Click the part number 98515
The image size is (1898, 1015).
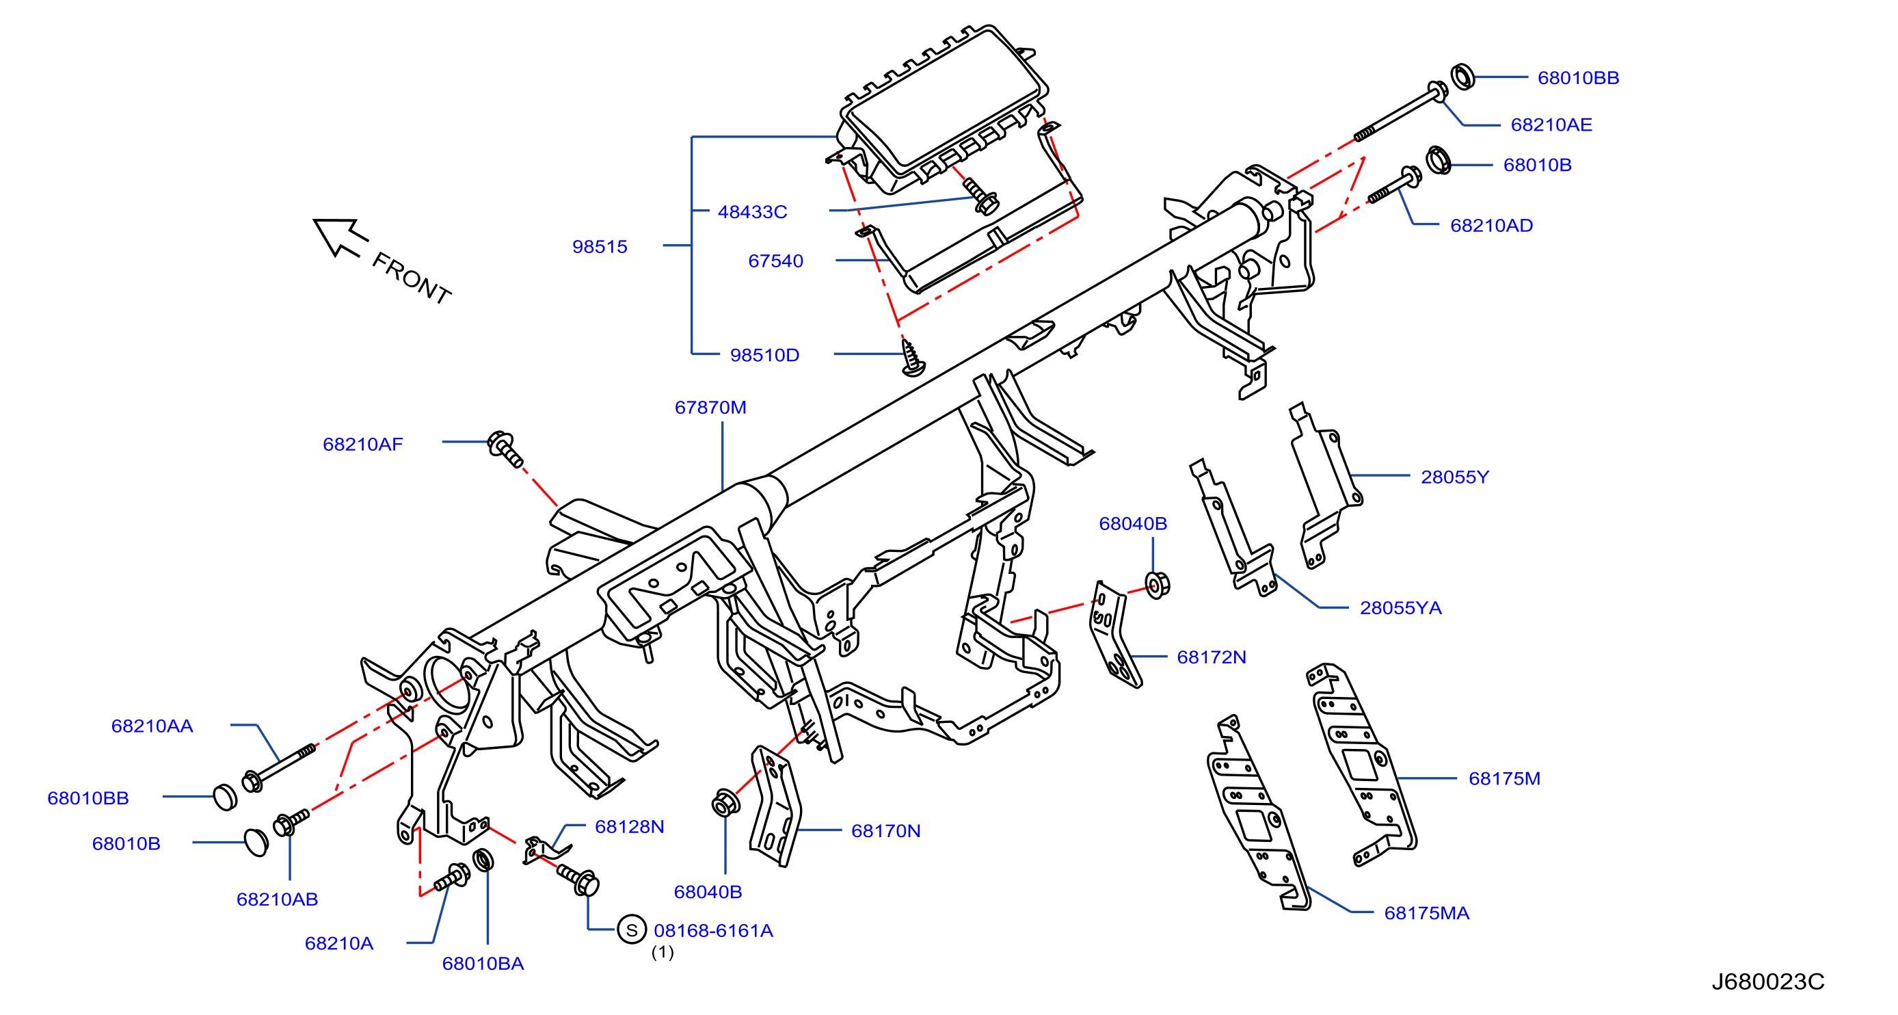pyautogui.click(x=600, y=246)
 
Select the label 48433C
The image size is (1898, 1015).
pyautogui.click(x=752, y=211)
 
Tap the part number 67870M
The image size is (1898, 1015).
pyautogui.click(x=710, y=407)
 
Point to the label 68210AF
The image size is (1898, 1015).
pyautogui.click(x=362, y=444)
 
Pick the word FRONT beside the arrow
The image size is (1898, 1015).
pyautogui.click(x=411, y=278)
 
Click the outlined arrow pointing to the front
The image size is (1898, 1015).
pyautogui.click(x=340, y=237)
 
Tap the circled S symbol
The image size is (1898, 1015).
pyautogui.click(x=632, y=930)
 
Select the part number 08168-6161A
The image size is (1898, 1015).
pyautogui.click(x=713, y=930)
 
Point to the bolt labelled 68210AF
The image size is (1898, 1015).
pyautogui.click(x=505, y=449)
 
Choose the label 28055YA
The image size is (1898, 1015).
pyautogui.click(x=1400, y=607)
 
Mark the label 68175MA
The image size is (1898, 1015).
pyautogui.click(x=1426, y=912)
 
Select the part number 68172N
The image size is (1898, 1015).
pyautogui.click(x=1212, y=657)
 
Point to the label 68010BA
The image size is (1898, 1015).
pyautogui.click(x=483, y=964)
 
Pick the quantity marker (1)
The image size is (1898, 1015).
pyautogui.click(x=663, y=951)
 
